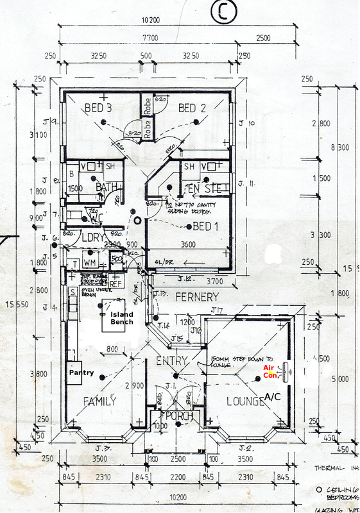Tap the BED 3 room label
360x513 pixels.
[98, 108]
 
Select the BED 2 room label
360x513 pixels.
[192, 108]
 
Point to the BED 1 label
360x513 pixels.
[206, 226]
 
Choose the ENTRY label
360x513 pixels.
[172, 362]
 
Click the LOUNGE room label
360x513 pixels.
[244, 401]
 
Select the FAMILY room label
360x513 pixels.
[100, 401]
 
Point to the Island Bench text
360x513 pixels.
[121, 318]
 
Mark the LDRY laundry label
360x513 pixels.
[94, 237]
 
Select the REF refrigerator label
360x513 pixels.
[116, 283]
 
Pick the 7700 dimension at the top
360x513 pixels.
[153, 39]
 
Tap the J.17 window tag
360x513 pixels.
[218, 310]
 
